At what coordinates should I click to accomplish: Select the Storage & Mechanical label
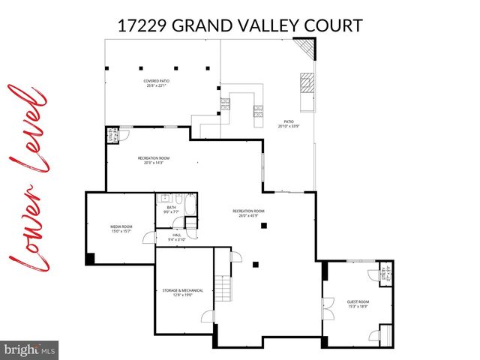pyautogui.click(x=178, y=292)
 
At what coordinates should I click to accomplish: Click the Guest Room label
pyautogui.click(x=358, y=304)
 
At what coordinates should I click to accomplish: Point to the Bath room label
pyautogui.click(x=172, y=210)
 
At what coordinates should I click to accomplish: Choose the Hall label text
pyautogui.click(x=177, y=237)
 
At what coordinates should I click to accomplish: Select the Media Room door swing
pyautogui.click(x=150, y=238)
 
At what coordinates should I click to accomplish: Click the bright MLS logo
pyautogui.click(x=30, y=349)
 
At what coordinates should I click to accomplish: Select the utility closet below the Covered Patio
pyautogui.click(x=113, y=136)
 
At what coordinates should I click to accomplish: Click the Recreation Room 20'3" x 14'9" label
pyautogui.click(x=153, y=160)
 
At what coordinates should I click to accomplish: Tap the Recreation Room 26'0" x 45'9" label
pyautogui.click(x=248, y=213)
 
